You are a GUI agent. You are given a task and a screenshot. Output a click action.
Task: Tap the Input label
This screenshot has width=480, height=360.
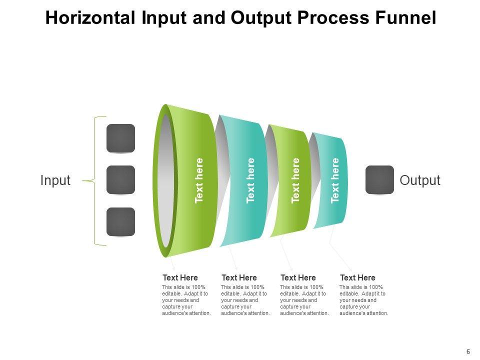point(55,180)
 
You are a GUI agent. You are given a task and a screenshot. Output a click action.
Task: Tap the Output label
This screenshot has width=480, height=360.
point(420,180)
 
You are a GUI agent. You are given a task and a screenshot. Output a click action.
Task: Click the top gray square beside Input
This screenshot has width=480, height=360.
point(120,138)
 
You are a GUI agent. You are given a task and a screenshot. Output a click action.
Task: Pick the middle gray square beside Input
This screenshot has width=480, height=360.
point(120,180)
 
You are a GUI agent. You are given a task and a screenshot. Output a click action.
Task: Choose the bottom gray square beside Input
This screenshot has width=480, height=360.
point(120,221)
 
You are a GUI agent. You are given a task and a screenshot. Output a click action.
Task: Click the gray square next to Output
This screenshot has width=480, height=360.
point(380,180)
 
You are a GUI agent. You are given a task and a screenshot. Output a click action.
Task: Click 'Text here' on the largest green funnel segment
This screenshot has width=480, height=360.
point(199,180)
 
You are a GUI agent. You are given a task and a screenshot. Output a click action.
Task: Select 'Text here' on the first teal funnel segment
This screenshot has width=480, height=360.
point(250,180)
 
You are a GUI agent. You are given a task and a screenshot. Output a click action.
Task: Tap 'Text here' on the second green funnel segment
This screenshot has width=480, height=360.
point(295,180)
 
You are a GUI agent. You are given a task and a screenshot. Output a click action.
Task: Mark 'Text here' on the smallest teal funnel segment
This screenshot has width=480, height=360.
point(335,180)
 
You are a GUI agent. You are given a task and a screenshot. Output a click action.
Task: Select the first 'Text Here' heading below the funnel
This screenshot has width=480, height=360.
point(180,277)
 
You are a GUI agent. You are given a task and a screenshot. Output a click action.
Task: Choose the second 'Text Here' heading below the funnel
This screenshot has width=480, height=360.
point(239,277)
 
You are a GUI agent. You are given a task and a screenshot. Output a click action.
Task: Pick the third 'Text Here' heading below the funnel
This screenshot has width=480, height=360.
point(298,277)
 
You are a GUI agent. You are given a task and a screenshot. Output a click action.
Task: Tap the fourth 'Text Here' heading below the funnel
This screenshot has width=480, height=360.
point(357,277)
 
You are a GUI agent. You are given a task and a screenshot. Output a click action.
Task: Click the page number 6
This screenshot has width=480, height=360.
point(468,351)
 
